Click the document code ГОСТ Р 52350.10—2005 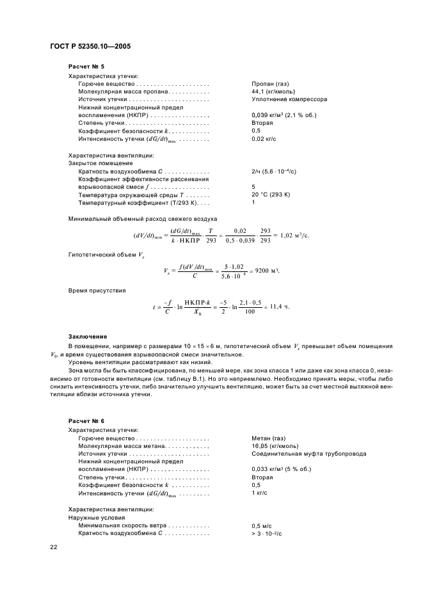[90, 46]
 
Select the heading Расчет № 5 [86, 67]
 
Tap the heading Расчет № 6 [86, 421]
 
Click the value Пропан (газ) [273, 84]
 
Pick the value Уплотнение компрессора [289, 100]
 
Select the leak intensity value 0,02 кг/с [267, 138]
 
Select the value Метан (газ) [269, 439]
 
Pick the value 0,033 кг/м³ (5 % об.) [281, 470]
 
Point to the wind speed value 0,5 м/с [264, 525]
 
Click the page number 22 [54, 547]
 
